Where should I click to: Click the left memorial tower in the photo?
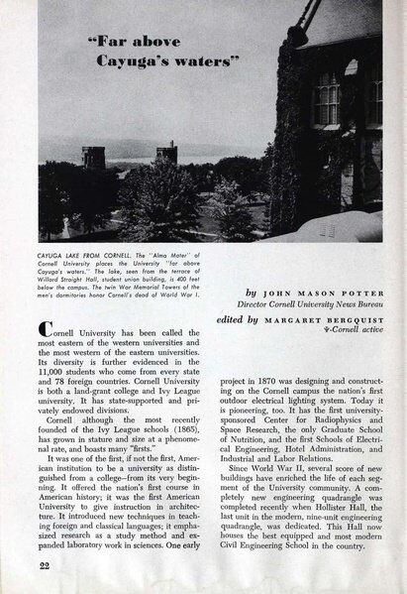[93, 157]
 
